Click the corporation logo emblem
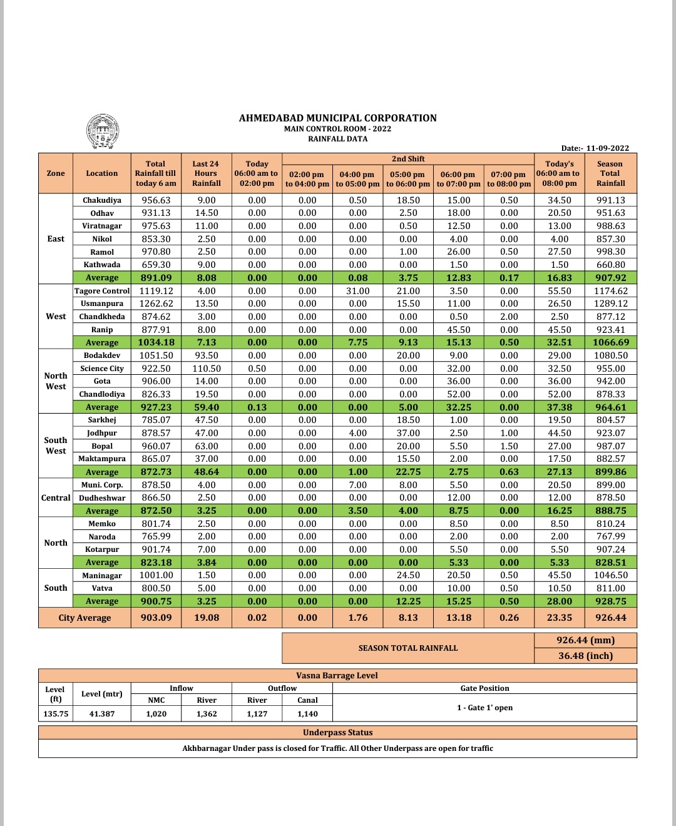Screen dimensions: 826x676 click(102, 131)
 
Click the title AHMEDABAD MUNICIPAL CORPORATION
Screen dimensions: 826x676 click(337, 118)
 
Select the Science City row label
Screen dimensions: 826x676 click(102, 369)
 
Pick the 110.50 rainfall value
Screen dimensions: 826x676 click(207, 369)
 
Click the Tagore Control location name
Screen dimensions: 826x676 click(102, 291)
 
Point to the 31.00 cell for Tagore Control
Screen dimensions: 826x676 click(357, 291)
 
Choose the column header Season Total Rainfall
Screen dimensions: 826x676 click(610, 173)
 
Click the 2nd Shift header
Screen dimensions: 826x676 click(408, 159)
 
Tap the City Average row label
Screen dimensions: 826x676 click(84, 618)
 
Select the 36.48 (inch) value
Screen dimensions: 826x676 click(585, 656)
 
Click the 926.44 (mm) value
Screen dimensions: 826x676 click(585, 640)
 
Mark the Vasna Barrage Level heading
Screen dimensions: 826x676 click(337, 676)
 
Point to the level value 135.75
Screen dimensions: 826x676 click(56, 714)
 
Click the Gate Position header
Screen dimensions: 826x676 click(484, 688)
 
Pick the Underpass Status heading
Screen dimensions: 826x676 click(337, 733)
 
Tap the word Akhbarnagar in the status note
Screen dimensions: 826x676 click(206, 748)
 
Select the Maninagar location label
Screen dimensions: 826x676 click(102, 576)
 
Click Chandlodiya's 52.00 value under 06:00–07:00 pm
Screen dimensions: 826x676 click(458, 394)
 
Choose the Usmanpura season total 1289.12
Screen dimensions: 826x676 click(610, 303)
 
